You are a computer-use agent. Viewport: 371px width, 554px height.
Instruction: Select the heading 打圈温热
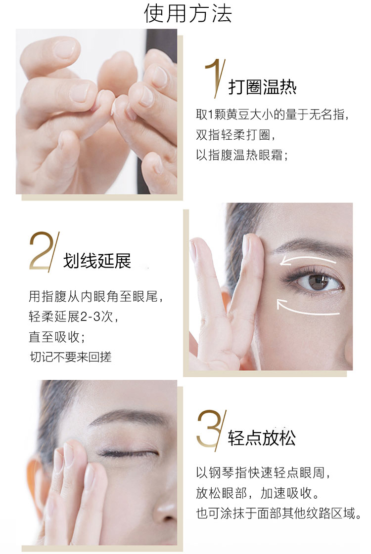[262, 86]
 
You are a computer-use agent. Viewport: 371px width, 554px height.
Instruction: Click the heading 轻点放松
[262, 438]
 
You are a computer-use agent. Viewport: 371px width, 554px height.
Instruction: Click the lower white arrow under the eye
[307, 308]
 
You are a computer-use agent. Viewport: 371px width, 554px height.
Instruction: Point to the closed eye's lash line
[128, 453]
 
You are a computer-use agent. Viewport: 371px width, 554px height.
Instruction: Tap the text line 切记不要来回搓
[70, 357]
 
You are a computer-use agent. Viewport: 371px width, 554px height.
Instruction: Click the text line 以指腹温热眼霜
[242, 155]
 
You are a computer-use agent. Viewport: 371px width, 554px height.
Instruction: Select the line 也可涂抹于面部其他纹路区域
[278, 513]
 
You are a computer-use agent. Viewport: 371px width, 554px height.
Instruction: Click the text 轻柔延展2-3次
[73, 316]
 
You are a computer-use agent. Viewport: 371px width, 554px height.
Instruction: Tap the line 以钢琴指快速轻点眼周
[263, 473]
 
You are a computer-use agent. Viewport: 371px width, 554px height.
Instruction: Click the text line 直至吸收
[57, 337]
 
